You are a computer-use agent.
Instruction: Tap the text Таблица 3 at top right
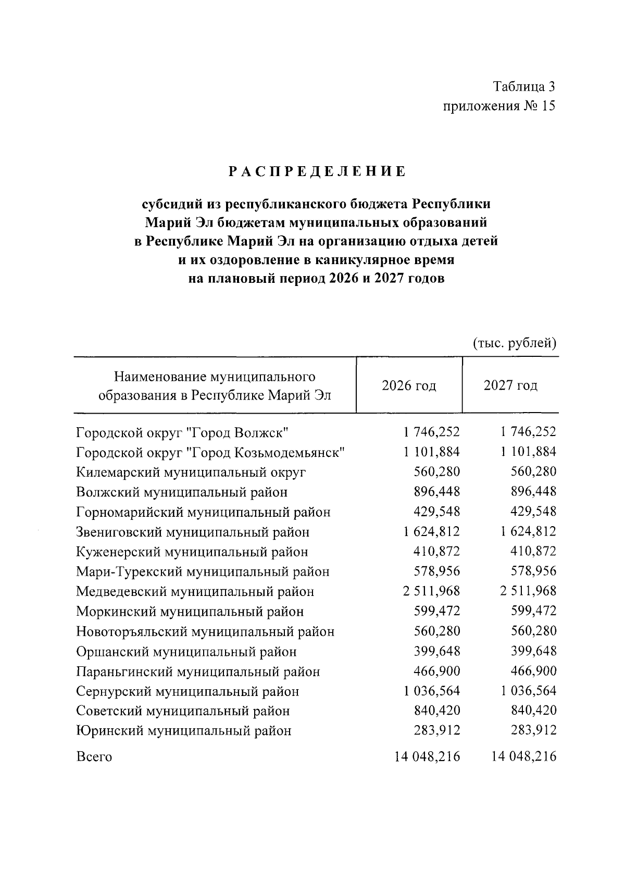pyautogui.click(x=524, y=86)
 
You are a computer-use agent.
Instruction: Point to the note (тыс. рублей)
pyautogui.click(x=515, y=343)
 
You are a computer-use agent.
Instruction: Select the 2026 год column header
pyautogui.click(x=409, y=385)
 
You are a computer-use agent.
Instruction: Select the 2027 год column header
pyautogui.click(x=510, y=385)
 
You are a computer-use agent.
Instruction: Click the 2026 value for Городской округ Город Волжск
pyautogui.click(x=431, y=432)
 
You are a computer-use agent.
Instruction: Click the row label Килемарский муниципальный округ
pyautogui.click(x=191, y=472)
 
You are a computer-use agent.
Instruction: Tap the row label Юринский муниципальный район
pyautogui.click(x=184, y=731)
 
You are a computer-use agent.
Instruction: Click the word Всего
pyautogui.click(x=94, y=757)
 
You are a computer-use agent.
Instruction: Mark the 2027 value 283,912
pyautogui.click(x=534, y=731)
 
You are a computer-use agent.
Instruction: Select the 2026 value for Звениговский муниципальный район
pyautogui.click(x=431, y=532)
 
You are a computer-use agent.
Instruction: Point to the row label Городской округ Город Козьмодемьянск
pyautogui.click(x=211, y=452)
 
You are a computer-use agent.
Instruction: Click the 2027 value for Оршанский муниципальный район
pyautogui.click(x=534, y=651)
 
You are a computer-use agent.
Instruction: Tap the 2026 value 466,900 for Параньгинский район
pyautogui.click(x=437, y=671)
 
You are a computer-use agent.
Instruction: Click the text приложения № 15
pyautogui.click(x=499, y=106)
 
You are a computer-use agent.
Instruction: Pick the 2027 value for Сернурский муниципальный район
pyautogui.click(x=528, y=691)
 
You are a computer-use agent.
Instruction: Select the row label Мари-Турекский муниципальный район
pyautogui.click(x=203, y=572)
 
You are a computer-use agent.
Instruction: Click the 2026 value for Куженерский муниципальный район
pyautogui.click(x=437, y=552)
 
